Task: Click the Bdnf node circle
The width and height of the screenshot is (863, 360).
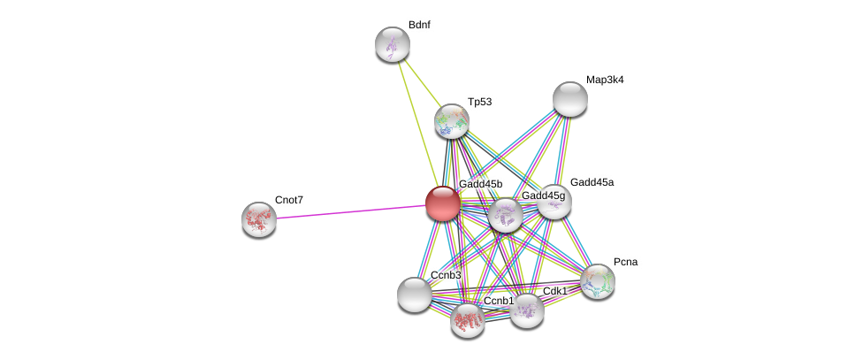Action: click(x=392, y=44)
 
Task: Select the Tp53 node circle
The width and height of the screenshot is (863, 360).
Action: click(x=452, y=121)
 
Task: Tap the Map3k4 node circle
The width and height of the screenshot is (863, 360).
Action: click(x=570, y=98)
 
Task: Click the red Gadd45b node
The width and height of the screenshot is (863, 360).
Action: click(x=443, y=203)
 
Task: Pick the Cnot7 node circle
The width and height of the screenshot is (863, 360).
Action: click(x=259, y=219)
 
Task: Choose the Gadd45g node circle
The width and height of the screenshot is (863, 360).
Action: click(x=506, y=215)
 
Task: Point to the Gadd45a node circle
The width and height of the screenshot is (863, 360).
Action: click(x=554, y=202)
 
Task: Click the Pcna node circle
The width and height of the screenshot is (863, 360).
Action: click(x=598, y=281)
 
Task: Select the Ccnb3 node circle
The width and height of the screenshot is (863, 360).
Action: click(x=414, y=295)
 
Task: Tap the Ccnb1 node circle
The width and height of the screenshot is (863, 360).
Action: click(x=468, y=320)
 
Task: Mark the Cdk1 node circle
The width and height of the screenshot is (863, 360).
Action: click(x=527, y=310)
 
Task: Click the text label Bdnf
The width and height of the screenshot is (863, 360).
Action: click(x=419, y=25)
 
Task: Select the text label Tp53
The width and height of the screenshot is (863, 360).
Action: click(x=479, y=102)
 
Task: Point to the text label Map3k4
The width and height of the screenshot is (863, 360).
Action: click(x=605, y=80)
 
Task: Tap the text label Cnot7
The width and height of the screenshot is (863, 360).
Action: click(x=288, y=200)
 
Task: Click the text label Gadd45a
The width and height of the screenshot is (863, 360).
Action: click(x=592, y=182)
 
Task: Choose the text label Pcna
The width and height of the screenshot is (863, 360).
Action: click(x=625, y=262)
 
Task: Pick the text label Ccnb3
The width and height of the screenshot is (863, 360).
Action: click(x=446, y=275)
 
